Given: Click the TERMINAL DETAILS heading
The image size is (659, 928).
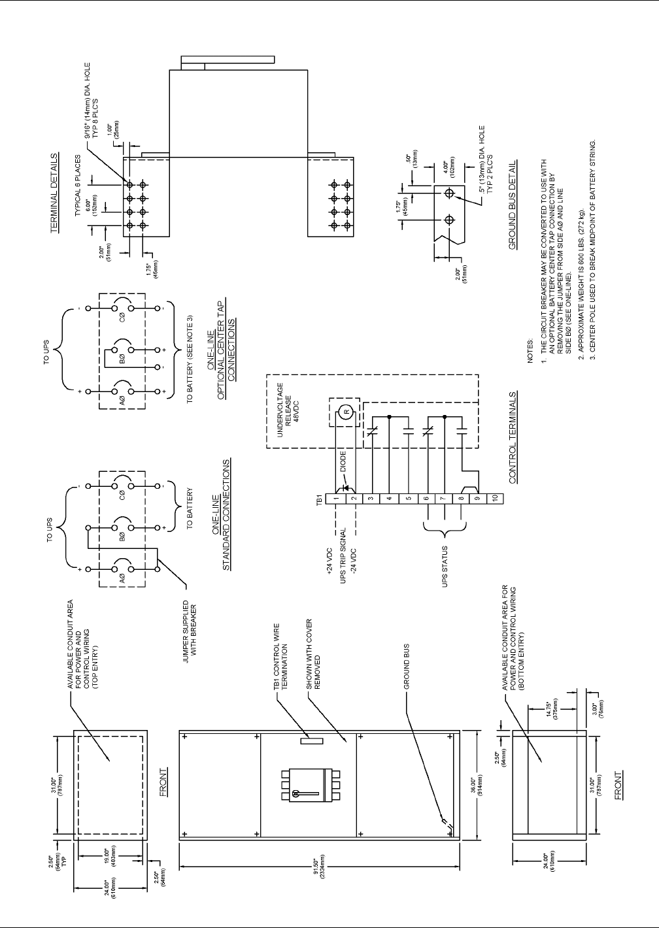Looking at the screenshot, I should tap(55, 194).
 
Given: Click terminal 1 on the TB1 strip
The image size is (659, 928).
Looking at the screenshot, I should tap(335, 498).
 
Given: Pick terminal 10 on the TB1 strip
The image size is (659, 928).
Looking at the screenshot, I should tap(494, 498).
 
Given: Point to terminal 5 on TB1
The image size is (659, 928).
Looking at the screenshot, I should tap(407, 498).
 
